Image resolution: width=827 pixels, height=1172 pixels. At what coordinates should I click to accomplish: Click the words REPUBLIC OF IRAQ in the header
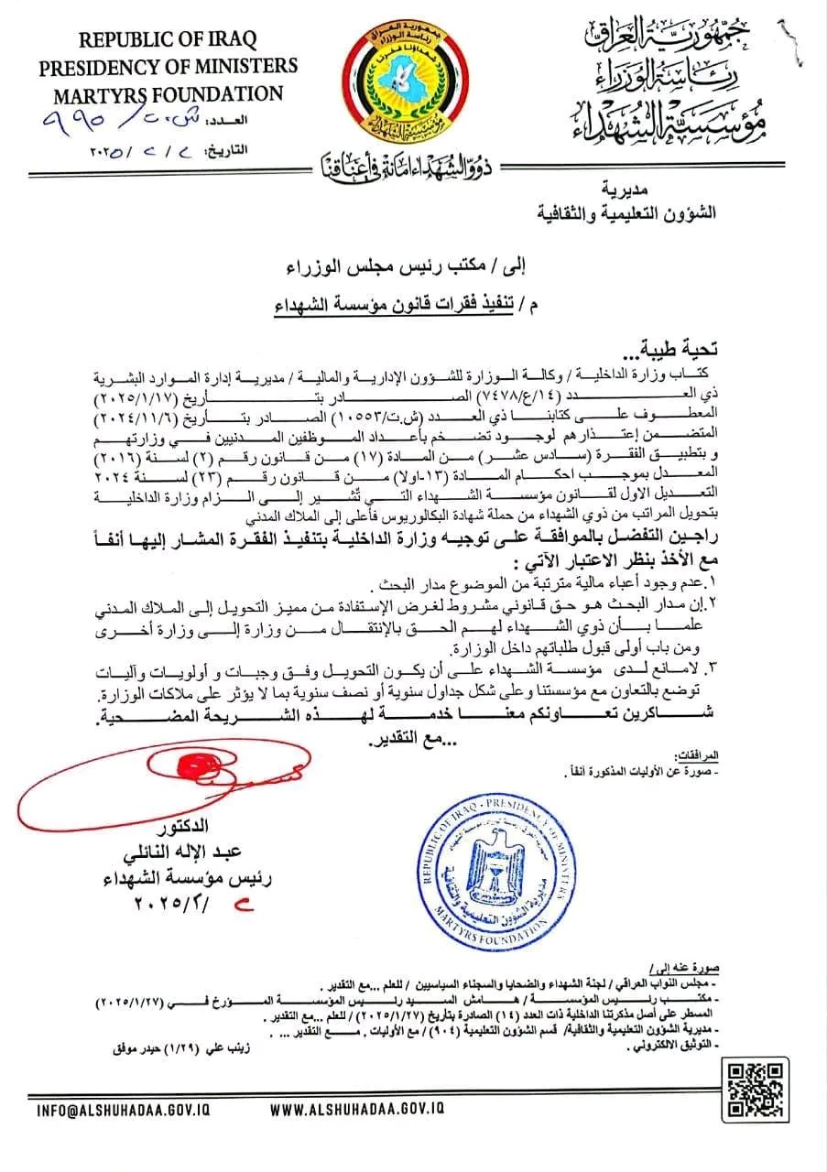[x=168, y=39]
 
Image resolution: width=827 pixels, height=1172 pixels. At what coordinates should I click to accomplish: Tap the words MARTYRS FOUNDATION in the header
[x=168, y=93]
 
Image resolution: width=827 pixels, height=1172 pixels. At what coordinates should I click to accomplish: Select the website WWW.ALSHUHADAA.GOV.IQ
[x=358, y=1108]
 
